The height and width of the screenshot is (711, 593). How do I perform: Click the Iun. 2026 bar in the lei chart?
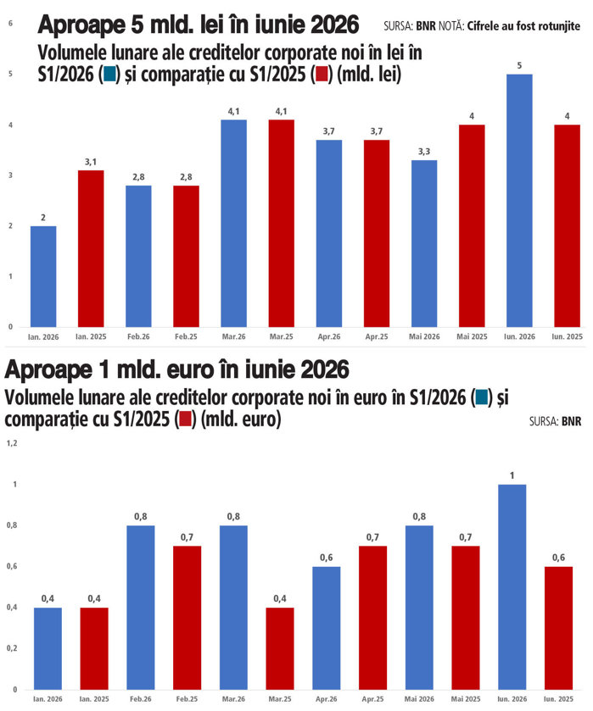pos(519,201)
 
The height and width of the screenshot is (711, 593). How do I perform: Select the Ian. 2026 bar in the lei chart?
pos(43,276)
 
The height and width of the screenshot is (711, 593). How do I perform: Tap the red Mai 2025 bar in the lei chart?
pos(472,225)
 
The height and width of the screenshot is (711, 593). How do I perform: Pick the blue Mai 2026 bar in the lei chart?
pos(424,243)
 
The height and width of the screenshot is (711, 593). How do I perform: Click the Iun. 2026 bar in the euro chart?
pos(512,587)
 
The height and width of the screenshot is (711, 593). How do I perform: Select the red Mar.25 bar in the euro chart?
pos(280,649)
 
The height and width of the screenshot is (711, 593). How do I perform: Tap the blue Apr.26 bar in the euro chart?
pos(327,629)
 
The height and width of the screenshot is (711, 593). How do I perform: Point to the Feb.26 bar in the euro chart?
pos(141,608)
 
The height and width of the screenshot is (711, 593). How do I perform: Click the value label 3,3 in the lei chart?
pos(424,152)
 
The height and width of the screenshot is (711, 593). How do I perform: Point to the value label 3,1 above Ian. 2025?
pos(91,162)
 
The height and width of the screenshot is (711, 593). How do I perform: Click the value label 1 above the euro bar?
pos(512,475)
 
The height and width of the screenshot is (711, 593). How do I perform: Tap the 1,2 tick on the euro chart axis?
pos(12,443)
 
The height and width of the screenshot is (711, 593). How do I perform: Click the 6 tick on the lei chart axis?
pos(10,23)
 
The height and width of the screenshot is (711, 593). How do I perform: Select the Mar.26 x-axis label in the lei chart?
pos(234,337)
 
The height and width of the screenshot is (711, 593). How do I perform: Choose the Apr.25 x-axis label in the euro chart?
pos(372,699)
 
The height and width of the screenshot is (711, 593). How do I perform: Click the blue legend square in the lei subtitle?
pos(110,74)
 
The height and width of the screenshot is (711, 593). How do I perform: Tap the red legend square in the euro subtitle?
pos(185,419)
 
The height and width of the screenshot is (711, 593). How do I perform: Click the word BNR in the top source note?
pos(426,26)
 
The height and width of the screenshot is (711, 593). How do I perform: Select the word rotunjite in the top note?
pos(559,26)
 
